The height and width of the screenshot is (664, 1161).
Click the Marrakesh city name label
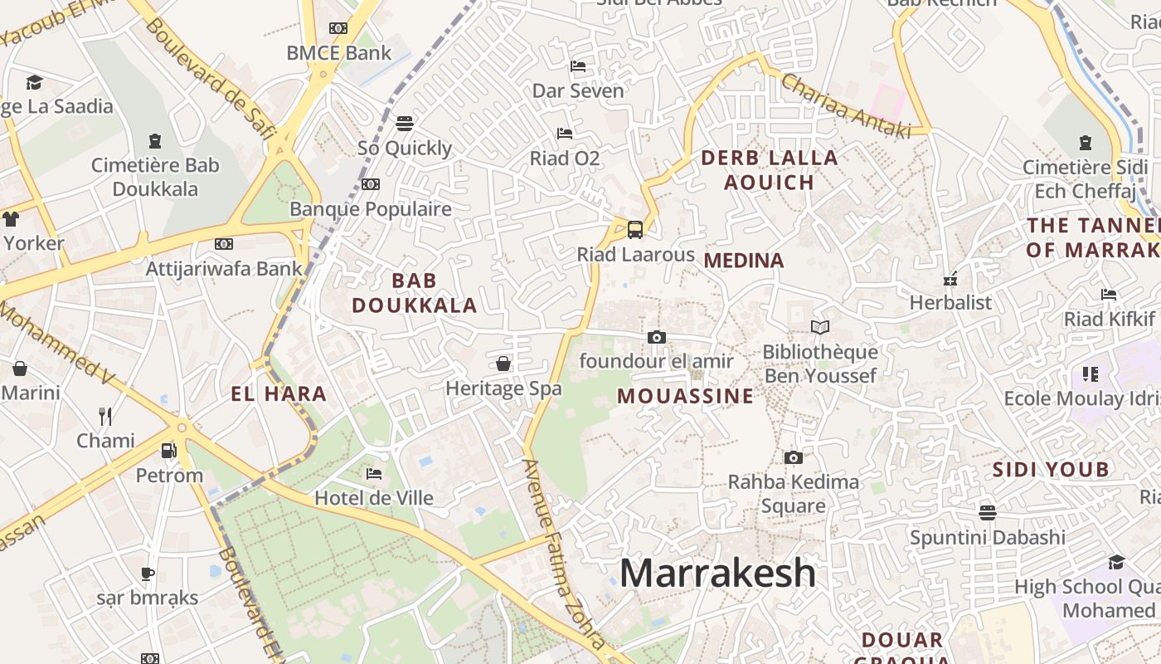[717, 573]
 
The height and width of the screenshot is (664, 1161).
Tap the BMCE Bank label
[338, 53]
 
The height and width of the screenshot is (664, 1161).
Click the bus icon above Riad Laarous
[634, 229]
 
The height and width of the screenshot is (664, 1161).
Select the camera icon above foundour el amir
[656, 337]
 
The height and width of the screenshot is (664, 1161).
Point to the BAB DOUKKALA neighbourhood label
[415, 293]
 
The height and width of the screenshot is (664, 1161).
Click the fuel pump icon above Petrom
[168, 451]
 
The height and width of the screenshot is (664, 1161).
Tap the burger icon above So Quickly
[405, 124]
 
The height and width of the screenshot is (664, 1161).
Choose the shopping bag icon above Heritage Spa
[503, 364]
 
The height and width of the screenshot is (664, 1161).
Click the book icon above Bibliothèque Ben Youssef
[819, 328]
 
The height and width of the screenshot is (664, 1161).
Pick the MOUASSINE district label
[686, 396]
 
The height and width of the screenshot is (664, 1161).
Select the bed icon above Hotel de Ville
[374, 474]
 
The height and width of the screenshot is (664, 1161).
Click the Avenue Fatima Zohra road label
[564, 552]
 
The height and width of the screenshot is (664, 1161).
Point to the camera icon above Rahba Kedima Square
[793, 457]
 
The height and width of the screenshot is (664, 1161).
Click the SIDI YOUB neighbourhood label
[1051, 470]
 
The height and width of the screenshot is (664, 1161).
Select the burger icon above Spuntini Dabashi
[987, 512]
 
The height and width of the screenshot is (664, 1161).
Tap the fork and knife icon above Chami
[105, 416]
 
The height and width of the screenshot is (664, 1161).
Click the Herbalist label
[950, 302]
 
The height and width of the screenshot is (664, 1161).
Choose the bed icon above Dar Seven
[578, 66]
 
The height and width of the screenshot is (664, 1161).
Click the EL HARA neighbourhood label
[279, 394]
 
